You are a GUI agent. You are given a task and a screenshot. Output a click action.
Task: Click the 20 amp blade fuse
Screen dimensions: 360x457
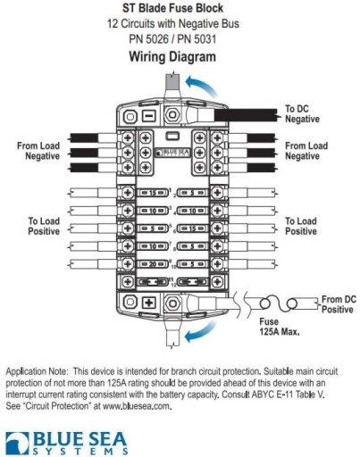point(153,264)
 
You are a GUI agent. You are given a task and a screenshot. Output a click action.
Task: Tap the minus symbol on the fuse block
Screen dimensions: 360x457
point(148,115)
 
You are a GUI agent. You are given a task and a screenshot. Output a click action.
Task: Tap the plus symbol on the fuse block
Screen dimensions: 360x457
point(148,303)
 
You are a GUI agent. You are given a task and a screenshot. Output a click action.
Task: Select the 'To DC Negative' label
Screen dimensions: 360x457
point(302,113)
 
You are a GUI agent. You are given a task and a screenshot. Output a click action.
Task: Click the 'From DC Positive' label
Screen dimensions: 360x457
point(339,304)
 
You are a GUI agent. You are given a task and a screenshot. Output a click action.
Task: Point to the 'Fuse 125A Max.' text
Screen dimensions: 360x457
point(279,327)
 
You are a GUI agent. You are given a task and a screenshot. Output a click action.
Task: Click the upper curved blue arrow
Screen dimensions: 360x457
point(201,86)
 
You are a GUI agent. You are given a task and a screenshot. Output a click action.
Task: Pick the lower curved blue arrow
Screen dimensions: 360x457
point(200,332)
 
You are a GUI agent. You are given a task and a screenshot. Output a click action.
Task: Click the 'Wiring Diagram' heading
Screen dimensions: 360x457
point(172,56)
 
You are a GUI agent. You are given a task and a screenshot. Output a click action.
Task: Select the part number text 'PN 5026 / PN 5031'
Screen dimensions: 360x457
point(172,39)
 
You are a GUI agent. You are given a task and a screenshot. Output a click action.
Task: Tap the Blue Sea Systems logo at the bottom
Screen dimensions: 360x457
point(67,443)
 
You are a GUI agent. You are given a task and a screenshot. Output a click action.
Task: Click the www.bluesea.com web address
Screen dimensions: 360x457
point(137,406)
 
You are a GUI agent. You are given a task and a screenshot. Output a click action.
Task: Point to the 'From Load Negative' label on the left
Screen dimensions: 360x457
point(38,151)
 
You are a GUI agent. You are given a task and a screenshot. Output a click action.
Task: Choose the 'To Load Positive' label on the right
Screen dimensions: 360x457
point(301,226)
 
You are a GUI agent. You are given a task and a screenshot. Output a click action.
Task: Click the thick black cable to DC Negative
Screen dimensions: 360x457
point(246,115)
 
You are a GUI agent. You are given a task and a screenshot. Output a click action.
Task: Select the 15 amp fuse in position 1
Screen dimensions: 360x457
point(153,193)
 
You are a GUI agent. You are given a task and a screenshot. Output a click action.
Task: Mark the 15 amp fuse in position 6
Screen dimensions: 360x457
point(193,228)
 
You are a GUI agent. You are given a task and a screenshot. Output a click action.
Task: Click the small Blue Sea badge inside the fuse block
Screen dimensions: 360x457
point(172,153)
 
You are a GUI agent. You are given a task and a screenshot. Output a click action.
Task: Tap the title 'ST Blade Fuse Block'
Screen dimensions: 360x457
point(172,8)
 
